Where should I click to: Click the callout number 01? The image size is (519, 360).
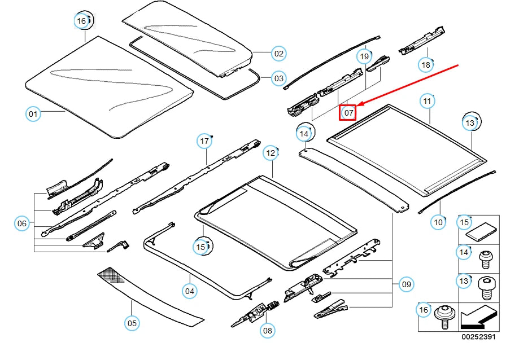coord(33,115)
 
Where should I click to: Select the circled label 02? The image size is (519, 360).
coord(278,54)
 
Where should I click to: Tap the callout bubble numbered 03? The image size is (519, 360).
coord(278,78)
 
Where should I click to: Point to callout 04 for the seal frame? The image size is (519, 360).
coord(190,291)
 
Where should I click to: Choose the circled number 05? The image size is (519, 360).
coord(132,323)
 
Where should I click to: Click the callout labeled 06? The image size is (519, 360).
coord(22,224)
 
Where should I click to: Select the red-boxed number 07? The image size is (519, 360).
coord(348,113)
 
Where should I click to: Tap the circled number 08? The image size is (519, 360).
coord(267,331)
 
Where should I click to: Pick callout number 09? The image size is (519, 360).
coord(406,284)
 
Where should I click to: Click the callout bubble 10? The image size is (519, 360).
coord(439,222)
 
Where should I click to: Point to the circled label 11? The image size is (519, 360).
coord(428,102)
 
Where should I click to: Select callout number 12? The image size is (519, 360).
coord(271,153)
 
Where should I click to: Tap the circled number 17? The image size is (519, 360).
coord(204,141)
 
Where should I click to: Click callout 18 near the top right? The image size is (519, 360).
coord(425,65)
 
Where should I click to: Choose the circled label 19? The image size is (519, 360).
coord(364,56)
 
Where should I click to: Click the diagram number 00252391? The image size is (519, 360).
coord(478,337)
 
